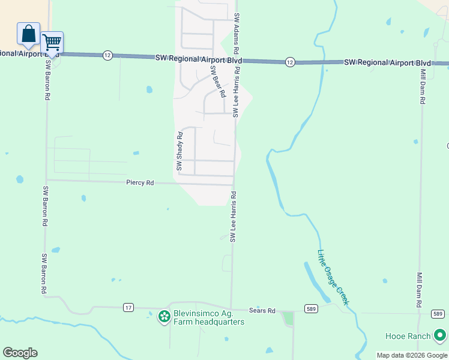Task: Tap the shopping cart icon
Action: pyautogui.click(x=52, y=43)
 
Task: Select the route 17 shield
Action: pyautogui.click(x=128, y=307)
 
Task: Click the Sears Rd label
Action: pyautogui.click(x=263, y=311)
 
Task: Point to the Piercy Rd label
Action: pyautogui.click(x=140, y=182)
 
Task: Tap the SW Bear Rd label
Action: pyautogui.click(x=217, y=82)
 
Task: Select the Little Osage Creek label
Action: pyautogui.click(x=333, y=277)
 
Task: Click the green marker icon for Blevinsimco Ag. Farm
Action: pyautogui.click(x=163, y=316)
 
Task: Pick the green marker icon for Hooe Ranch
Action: pyautogui.click(x=441, y=335)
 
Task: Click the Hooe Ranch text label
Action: pyautogui.click(x=411, y=336)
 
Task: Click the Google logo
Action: pyautogui.click(x=20, y=353)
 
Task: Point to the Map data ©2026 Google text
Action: pyautogui.click(x=412, y=355)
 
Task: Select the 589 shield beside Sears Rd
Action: pyautogui.click(x=310, y=309)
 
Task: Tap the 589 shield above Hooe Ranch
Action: pyautogui.click(x=438, y=314)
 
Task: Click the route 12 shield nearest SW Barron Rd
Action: pyautogui.click(x=107, y=55)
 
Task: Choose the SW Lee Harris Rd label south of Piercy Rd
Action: pyautogui.click(x=233, y=217)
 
